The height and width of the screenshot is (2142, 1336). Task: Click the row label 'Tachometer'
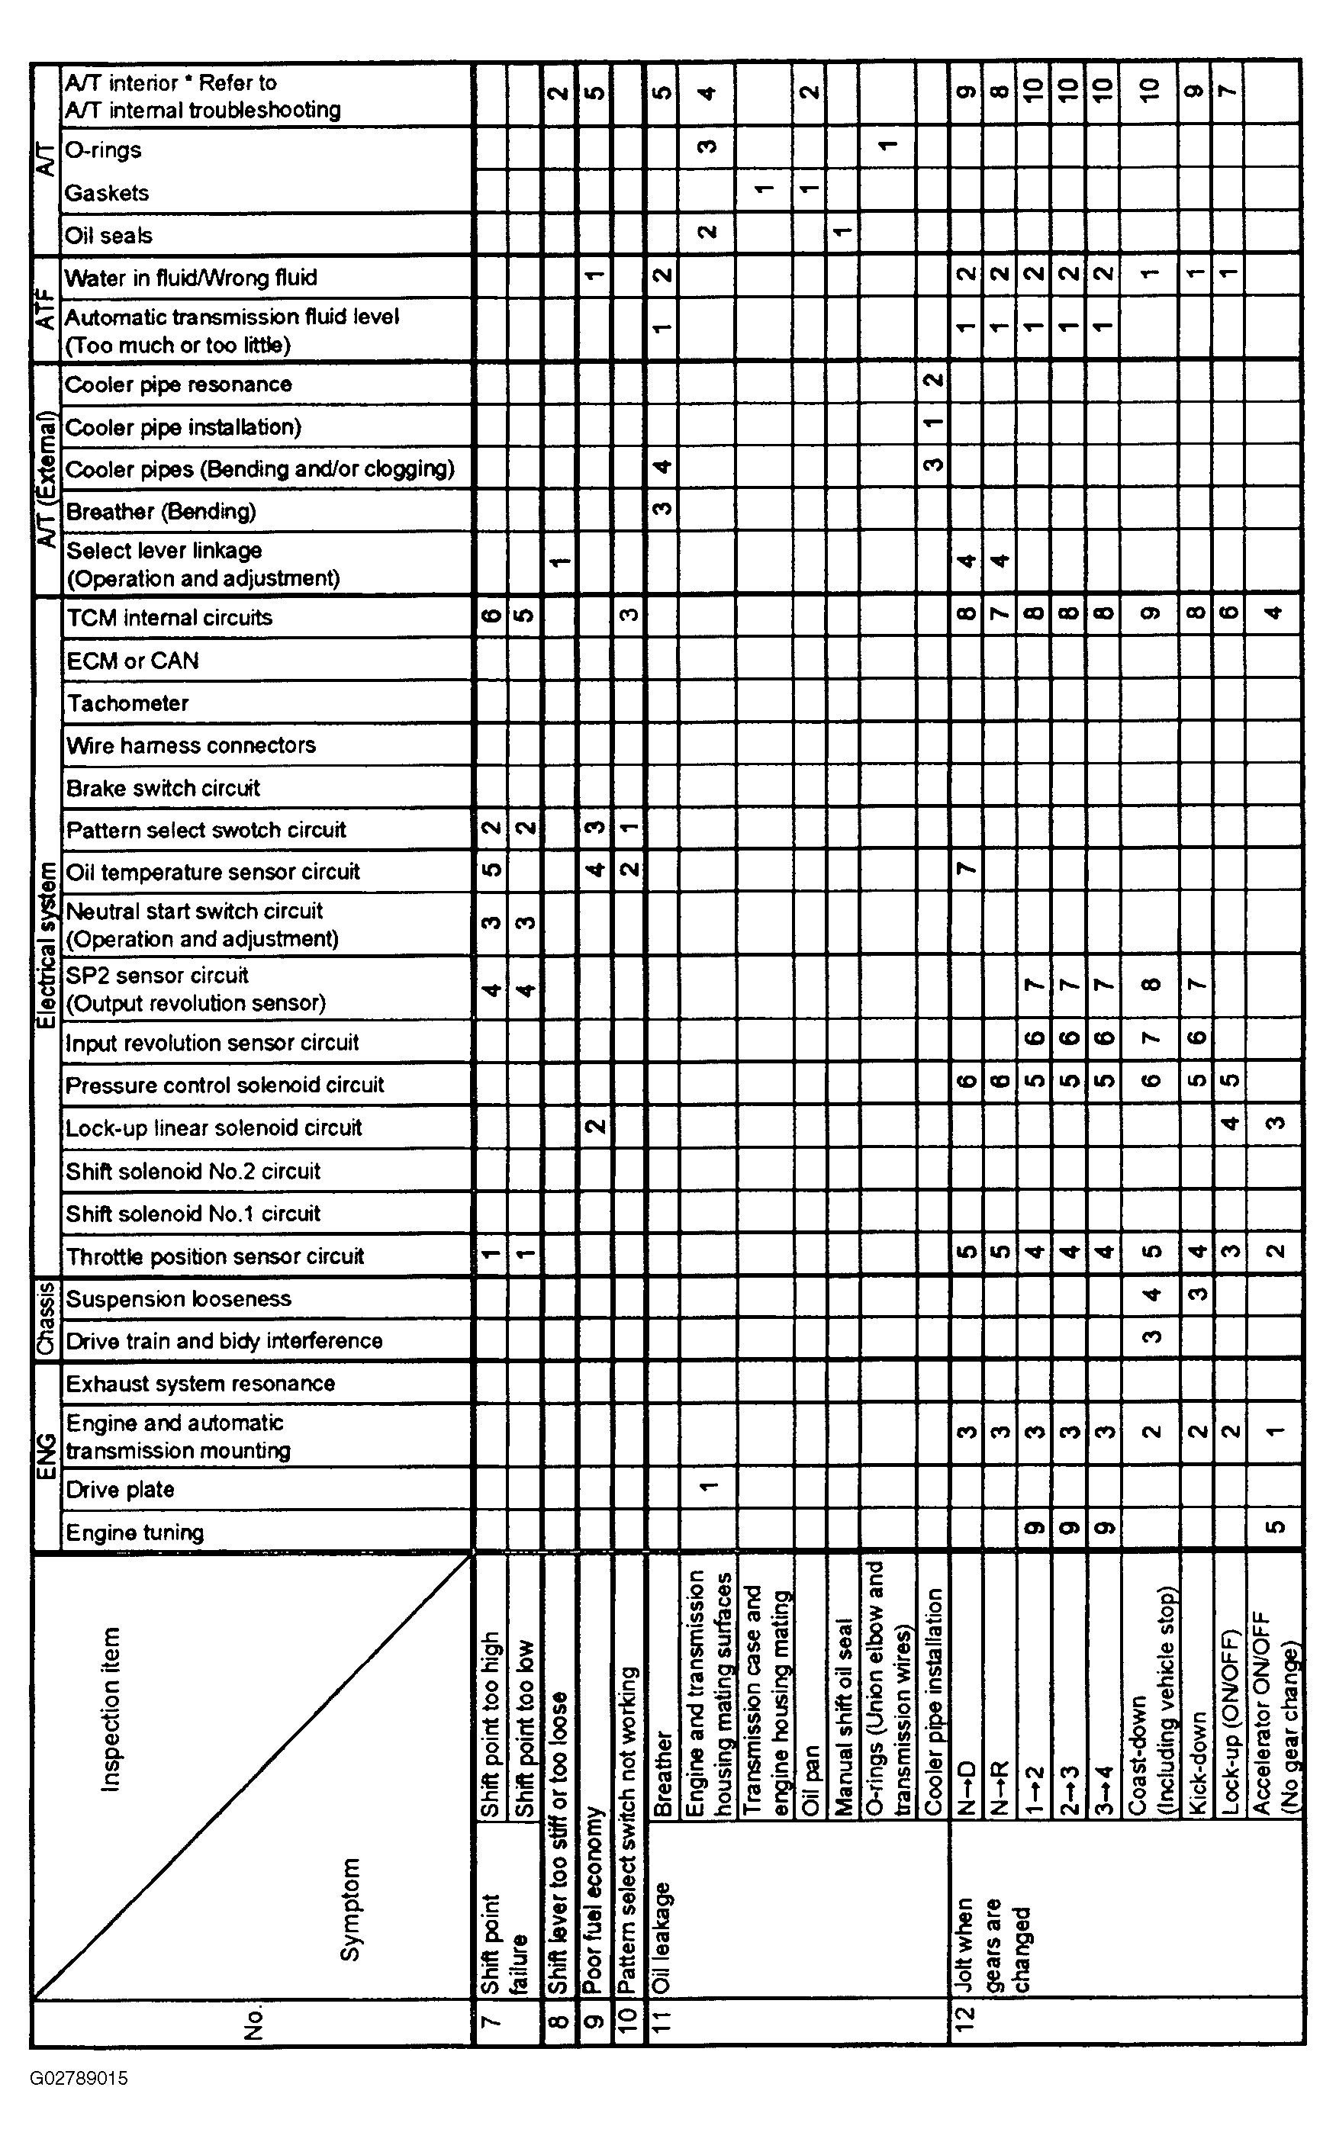pyautogui.click(x=127, y=703)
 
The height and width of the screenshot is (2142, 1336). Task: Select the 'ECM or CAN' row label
pyautogui.click(x=133, y=661)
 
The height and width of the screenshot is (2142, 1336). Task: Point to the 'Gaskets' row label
pyautogui.click(x=107, y=192)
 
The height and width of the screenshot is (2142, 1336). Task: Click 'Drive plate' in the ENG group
pyautogui.click(x=120, y=1489)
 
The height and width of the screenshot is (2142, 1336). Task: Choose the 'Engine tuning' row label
pyautogui.click(x=135, y=1533)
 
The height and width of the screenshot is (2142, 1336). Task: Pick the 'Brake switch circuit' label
pyautogui.click(x=163, y=788)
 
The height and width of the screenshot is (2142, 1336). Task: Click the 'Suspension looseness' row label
pyautogui.click(x=179, y=1298)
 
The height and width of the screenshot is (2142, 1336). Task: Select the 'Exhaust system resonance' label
pyautogui.click(x=201, y=1383)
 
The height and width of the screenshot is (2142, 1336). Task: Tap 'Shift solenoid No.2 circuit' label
pyautogui.click(x=194, y=1171)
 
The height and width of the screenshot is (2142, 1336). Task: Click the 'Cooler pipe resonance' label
pyautogui.click(x=179, y=384)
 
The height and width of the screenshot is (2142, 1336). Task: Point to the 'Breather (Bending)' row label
pyautogui.click(x=161, y=511)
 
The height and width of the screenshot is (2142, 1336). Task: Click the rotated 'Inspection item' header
pyautogui.click(x=111, y=1709)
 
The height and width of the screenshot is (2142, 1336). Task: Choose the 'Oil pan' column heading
pyautogui.click(x=810, y=1780)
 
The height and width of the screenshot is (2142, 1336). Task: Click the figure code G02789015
pyautogui.click(x=79, y=2077)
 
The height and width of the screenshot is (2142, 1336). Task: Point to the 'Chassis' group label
pyautogui.click(x=46, y=1319)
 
